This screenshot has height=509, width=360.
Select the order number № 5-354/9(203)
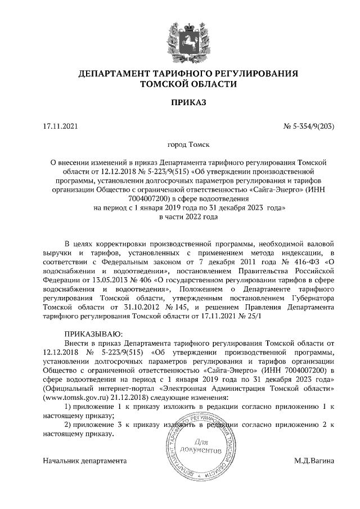[309, 127]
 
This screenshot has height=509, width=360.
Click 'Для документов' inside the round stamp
[203, 447]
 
